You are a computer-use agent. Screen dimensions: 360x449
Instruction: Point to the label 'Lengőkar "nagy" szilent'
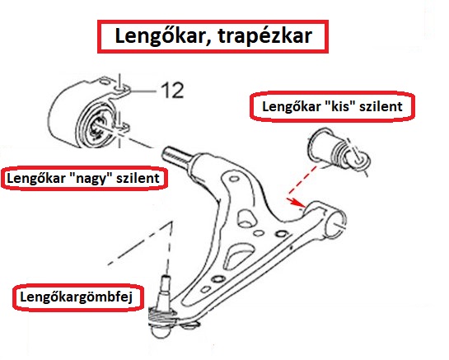coord(82,178)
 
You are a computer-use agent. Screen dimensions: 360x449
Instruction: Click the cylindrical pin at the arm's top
coord(178,154)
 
